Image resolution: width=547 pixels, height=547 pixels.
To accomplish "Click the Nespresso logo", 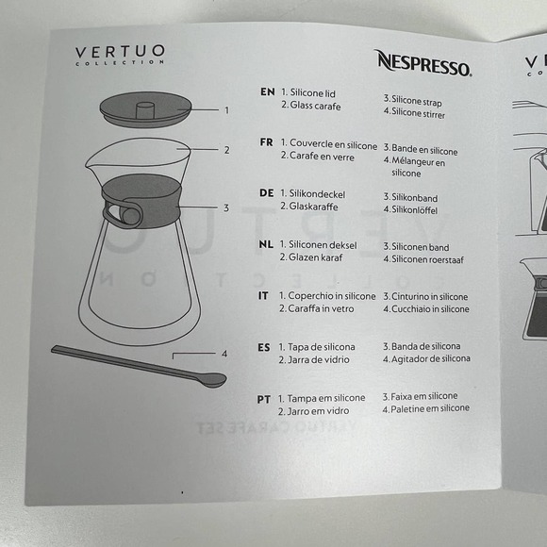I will (423, 62).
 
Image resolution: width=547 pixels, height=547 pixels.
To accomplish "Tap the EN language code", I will (267, 92).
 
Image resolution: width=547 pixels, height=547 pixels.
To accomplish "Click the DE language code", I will (266, 193).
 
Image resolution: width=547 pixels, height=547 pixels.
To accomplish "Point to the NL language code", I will (266, 244).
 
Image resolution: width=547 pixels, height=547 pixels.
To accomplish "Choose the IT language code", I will (264, 296).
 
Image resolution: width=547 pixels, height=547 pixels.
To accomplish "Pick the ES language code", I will (264, 347).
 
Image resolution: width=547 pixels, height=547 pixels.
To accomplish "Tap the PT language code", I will (264, 399).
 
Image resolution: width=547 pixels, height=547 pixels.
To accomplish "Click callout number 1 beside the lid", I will (226, 110).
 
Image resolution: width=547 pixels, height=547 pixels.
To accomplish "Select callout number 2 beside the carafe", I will (226, 150).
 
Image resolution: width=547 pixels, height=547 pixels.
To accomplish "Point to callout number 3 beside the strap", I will (226, 207).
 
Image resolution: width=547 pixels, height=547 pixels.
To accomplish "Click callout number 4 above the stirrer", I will (224, 354).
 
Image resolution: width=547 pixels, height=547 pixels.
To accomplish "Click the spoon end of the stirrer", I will (211, 380).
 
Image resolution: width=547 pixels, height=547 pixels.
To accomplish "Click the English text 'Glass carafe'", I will (312, 106).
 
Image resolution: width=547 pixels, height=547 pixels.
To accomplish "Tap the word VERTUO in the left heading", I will (120, 51).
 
